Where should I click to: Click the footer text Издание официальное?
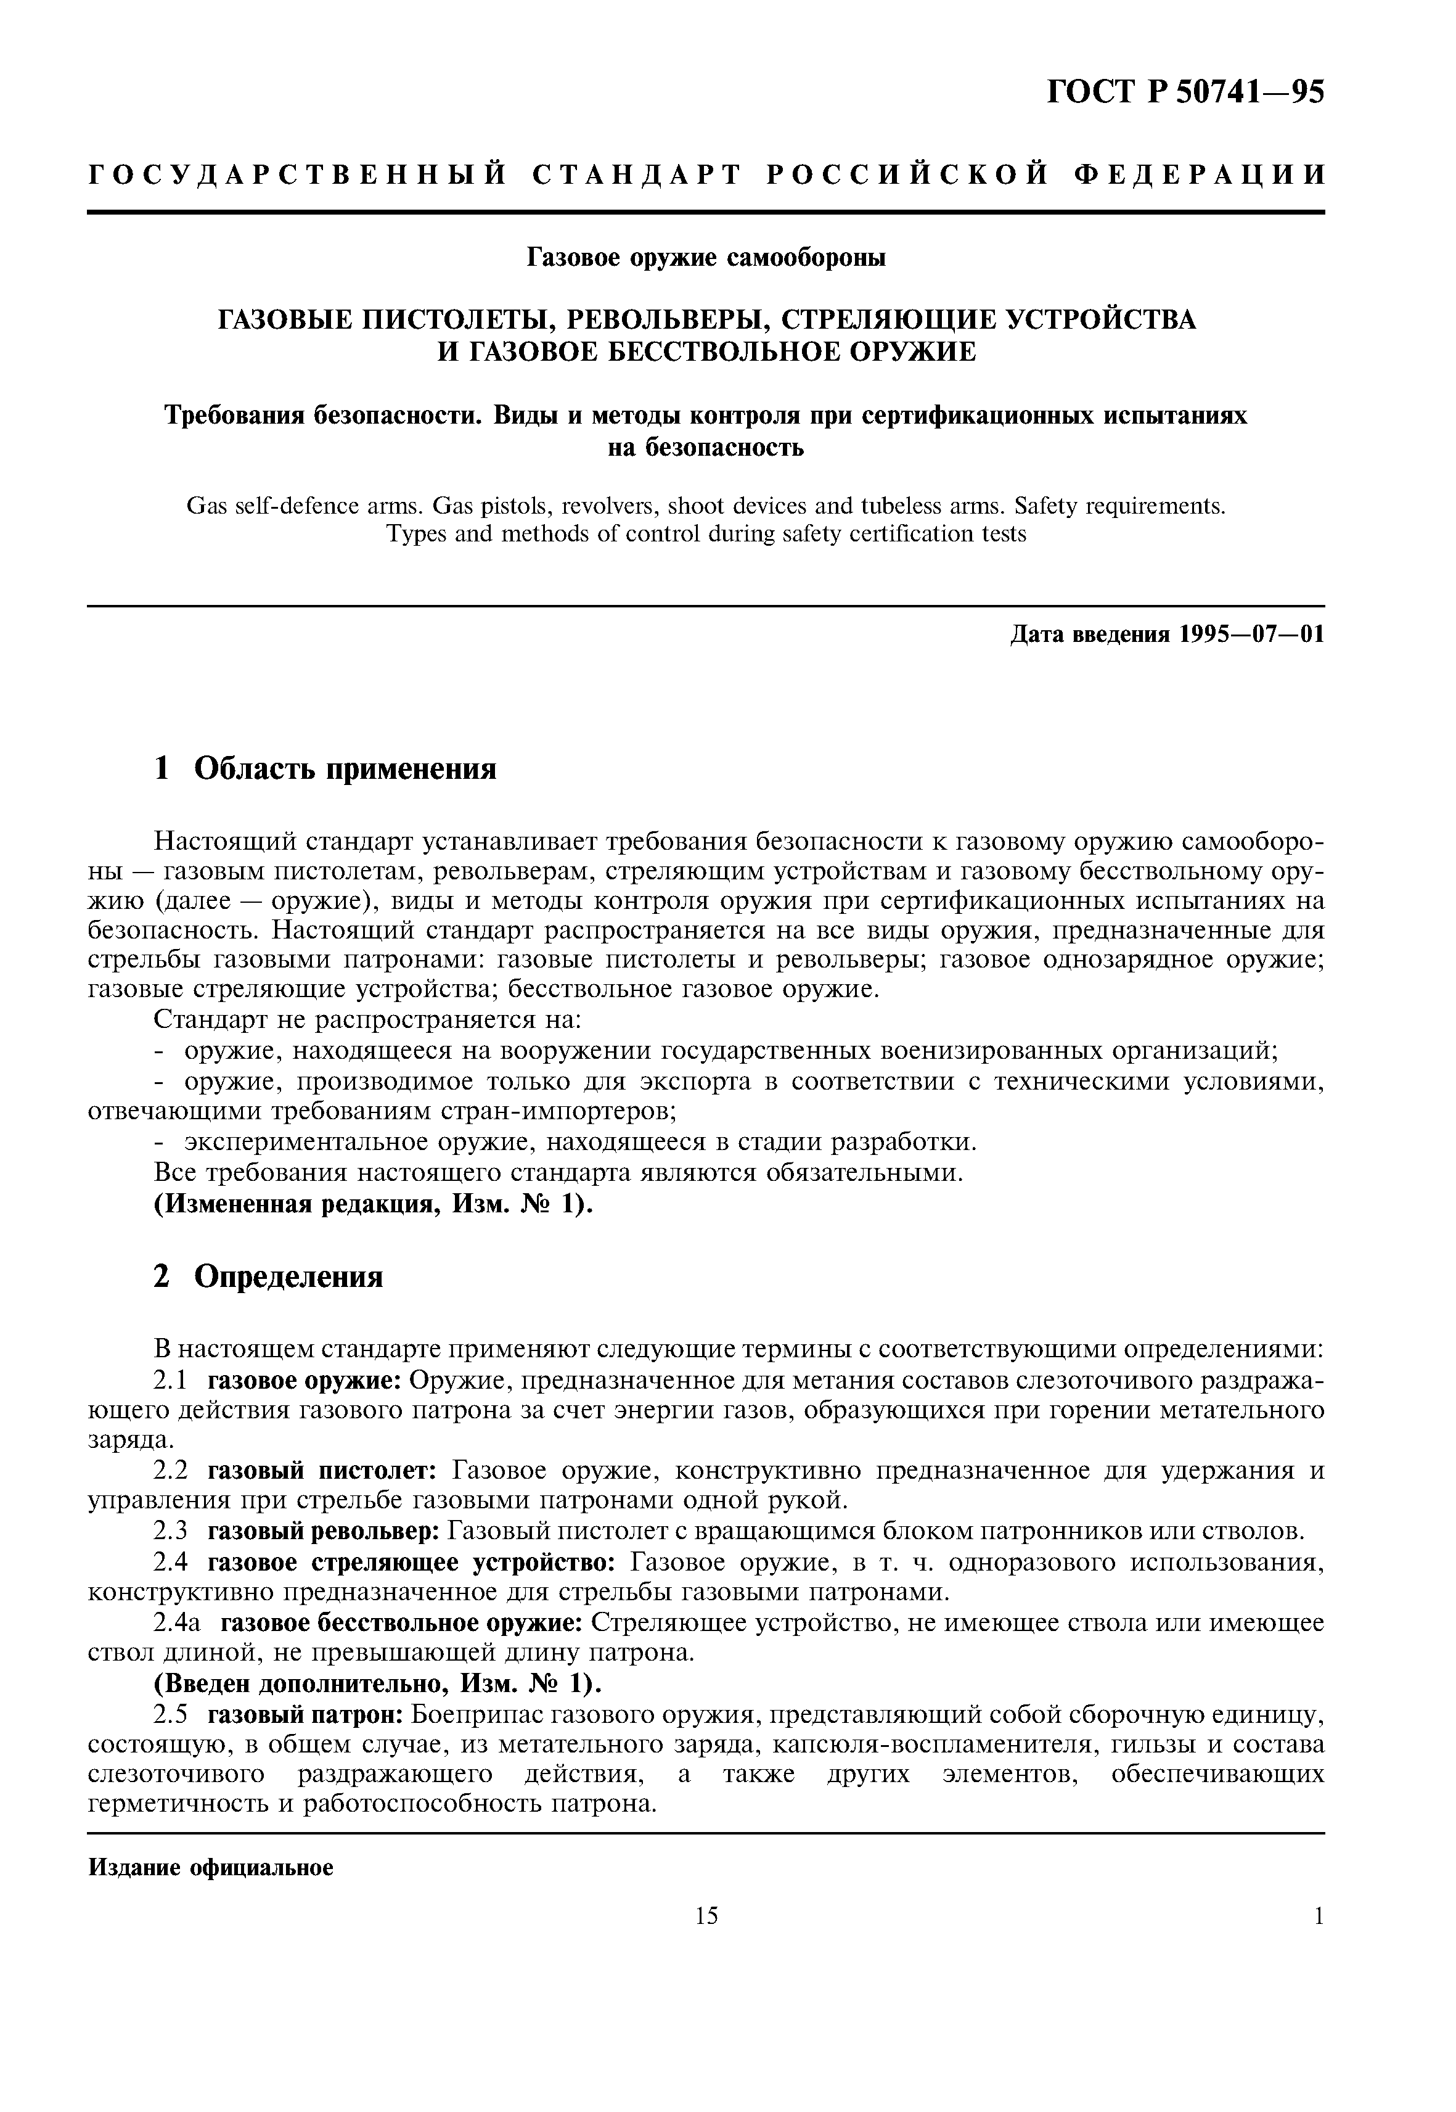(211, 1868)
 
